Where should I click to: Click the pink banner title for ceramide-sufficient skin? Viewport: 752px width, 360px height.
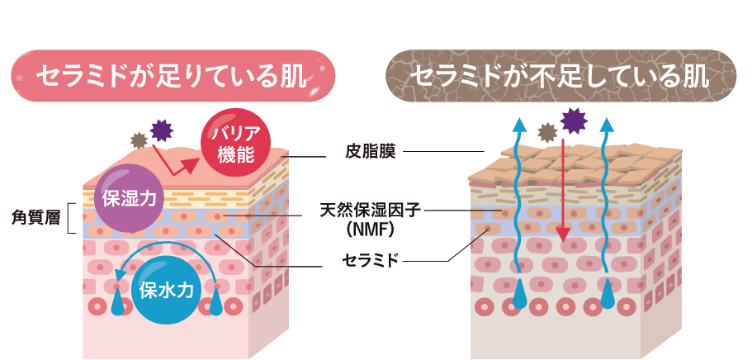coord(173,76)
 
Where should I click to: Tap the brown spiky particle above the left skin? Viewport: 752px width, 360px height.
coord(140,141)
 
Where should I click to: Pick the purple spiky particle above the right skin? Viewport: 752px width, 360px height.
coord(572,121)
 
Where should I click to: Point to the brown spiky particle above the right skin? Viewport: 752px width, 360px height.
coord(547,132)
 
